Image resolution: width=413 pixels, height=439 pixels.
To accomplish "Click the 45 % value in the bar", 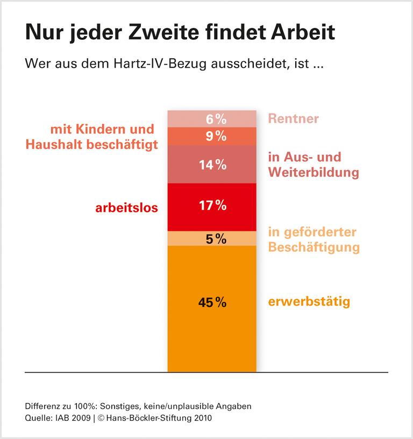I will [x=212, y=302].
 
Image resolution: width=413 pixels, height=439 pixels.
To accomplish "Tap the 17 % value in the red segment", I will [x=212, y=205].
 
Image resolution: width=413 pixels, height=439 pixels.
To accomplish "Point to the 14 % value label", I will [x=212, y=165].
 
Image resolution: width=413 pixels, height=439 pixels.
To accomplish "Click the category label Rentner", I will [x=293, y=119].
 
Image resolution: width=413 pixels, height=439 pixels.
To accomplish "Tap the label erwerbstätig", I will [x=309, y=301].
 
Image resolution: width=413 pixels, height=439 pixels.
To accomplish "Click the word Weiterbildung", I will [x=313, y=173].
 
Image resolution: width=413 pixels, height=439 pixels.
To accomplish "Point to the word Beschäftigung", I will [x=314, y=248].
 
